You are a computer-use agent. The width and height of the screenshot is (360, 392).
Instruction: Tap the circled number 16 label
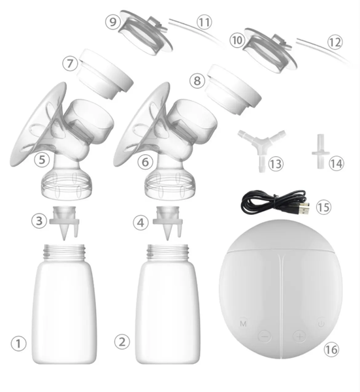pos(331,350)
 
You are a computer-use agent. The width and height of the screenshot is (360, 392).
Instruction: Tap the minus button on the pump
pos(265,336)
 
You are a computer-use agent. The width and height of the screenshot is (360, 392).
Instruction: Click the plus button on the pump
pos(299,336)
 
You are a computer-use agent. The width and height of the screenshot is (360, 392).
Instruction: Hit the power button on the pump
pos(320,322)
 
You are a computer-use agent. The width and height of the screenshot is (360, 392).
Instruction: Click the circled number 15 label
pos(323,208)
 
